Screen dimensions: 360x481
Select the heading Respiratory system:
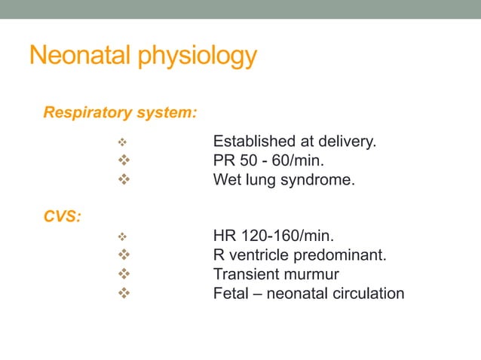[x=121, y=114]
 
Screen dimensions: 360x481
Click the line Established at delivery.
[x=293, y=142]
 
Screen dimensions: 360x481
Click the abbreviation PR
[x=225, y=161]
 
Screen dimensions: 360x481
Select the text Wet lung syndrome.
[x=283, y=181]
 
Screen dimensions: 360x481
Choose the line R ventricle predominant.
[x=300, y=255]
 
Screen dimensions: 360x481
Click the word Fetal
[x=231, y=293]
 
